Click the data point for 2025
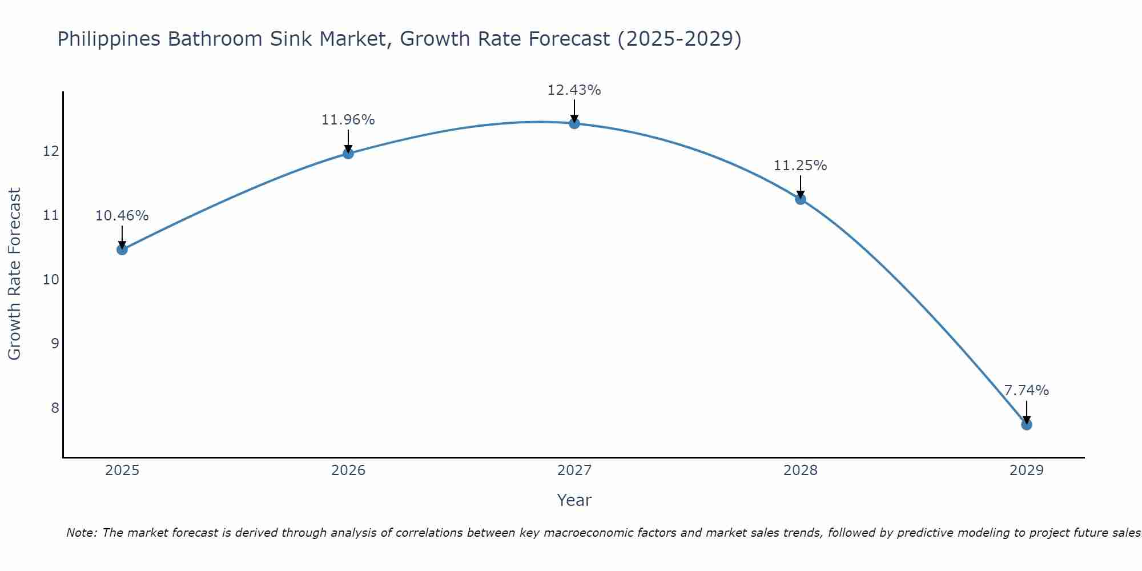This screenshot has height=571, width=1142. tap(122, 250)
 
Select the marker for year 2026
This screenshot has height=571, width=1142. tap(348, 153)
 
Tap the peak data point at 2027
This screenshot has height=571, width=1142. tap(574, 123)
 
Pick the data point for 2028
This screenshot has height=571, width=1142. tap(800, 199)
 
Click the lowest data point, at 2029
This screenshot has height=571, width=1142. tap(1026, 424)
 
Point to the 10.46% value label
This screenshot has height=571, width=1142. tap(122, 216)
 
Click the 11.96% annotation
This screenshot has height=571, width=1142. tap(348, 120)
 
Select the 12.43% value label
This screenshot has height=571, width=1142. tap(574, 90)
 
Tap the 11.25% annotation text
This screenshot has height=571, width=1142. tap(800, 166)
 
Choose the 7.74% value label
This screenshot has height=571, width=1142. tap(1026, 391)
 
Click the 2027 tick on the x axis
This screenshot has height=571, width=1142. tap(574, 471)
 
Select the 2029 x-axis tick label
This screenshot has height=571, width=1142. tap(1026, 471)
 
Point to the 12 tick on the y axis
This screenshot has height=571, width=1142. tap(51, 151)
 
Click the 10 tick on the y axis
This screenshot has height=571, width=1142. tap(51, 280)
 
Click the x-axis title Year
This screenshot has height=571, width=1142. tap(574, 500)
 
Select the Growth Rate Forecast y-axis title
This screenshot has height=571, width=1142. tap(14, 274)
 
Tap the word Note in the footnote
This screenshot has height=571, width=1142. tap(81, 533)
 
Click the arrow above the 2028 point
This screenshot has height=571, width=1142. tap(800, 187)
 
